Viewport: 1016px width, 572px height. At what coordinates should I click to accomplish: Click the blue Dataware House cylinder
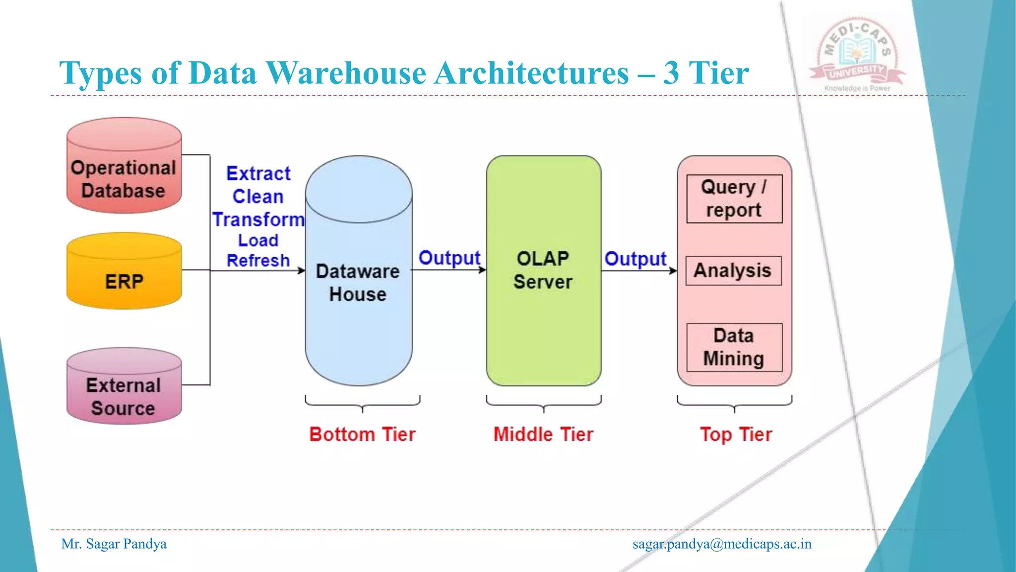coord(359,298)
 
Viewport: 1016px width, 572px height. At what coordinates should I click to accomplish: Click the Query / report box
coord(734,199)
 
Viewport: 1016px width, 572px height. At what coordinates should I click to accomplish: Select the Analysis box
coord(733,271)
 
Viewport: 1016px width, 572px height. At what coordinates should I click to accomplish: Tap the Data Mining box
coord(734,347)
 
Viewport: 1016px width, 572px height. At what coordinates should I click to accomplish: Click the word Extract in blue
coord(258,174)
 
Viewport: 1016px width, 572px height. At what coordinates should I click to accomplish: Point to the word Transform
coord(258,219)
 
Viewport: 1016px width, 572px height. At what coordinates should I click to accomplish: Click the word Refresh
coord(258,261)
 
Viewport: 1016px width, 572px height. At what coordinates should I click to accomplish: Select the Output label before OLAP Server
coord(449,258)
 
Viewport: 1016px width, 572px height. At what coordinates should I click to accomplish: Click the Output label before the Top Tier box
coord(635,259)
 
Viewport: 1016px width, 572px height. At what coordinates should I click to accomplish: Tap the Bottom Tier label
coord(362,434)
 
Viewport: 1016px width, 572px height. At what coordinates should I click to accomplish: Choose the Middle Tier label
coord(543,434)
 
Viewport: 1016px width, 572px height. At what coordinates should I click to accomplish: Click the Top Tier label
coord(736,434)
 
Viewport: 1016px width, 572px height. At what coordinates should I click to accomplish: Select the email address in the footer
coord(722,544)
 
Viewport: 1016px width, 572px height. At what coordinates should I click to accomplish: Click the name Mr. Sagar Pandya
coord(114,544)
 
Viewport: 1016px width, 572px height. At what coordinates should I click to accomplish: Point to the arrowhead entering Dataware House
coord(302,271)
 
